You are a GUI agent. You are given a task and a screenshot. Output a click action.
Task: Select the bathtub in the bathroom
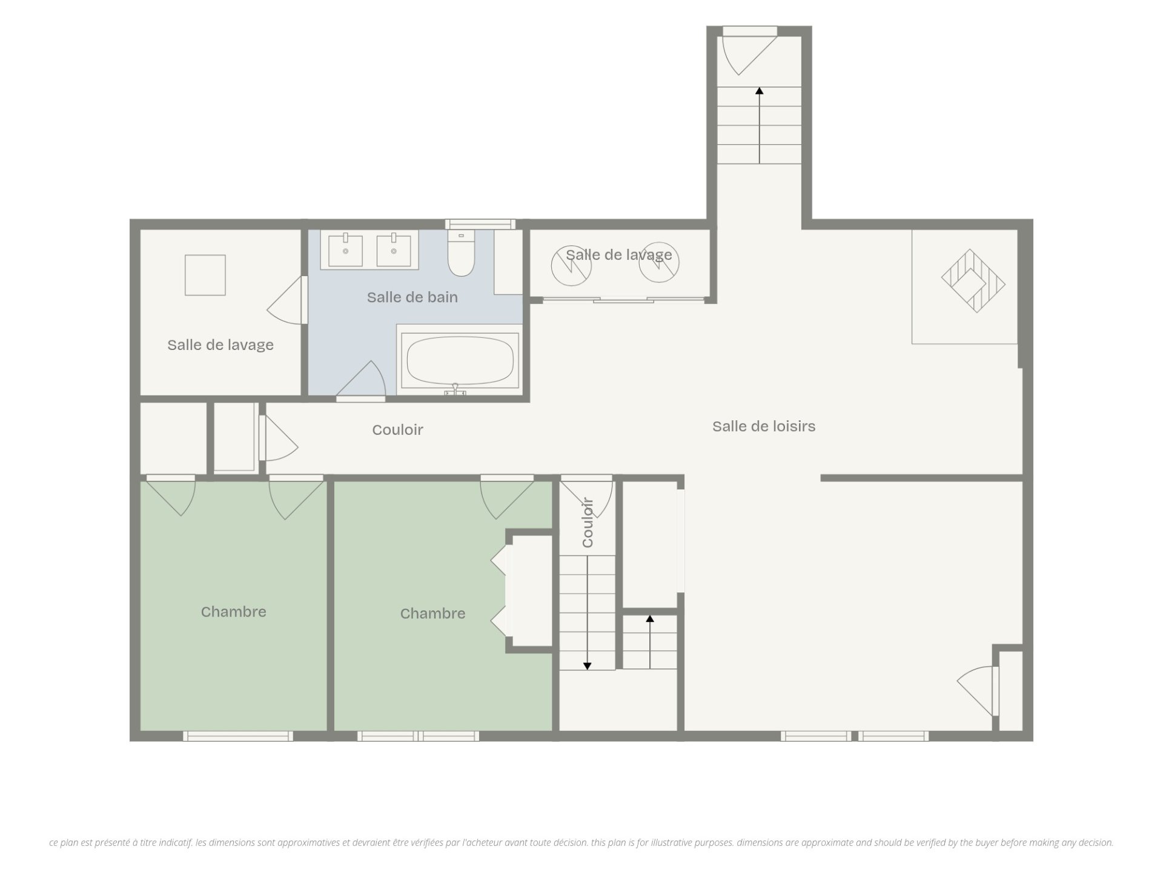pyautogui.click(x=460, y=360)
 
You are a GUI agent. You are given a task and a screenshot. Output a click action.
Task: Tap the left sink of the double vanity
pyautogui.click(x=345, y=251)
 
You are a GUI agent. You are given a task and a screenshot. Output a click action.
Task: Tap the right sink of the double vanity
pyautogui.click(x=394, y=251)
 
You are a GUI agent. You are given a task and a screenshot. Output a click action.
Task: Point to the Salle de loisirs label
pyautogui.click(x=764, y=426)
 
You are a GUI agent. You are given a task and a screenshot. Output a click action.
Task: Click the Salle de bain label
pyautogui.click(x=413, y=297)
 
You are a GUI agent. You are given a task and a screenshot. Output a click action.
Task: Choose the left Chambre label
pyautogui.click(x=234, y=612)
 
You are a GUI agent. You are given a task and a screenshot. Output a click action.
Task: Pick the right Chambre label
pyautogui.click(x=433, y=613)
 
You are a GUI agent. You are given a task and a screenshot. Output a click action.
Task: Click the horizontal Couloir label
pyautogui.click(x=397, y=430)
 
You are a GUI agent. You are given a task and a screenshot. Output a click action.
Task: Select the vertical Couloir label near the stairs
pyautogui.click(x=588, y=523)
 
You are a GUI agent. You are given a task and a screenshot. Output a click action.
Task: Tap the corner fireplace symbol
pyautogui.click(x=973, y=281)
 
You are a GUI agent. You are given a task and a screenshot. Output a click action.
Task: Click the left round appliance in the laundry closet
pyautogui.click(x=571, y=265)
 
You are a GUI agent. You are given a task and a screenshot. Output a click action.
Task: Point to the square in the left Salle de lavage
pyautogui.click(x=205, y=275)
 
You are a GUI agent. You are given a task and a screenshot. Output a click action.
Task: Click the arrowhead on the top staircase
pyautogui.click(x=760, y=91)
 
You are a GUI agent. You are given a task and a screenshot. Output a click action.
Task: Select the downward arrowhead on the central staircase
pyautogui.click(x=587, y=666)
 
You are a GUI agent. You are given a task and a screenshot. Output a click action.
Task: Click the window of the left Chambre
pyautogui.click(x=238, y=736)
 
